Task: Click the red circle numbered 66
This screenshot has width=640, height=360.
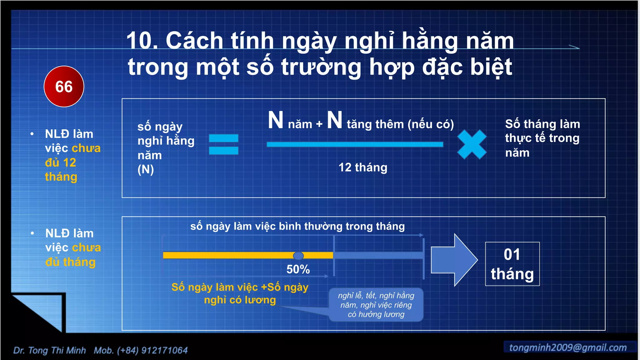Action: pyautogui.click(x=64, y=87)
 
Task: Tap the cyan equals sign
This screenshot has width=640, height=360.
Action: pyautogui.click(x=223, y=144)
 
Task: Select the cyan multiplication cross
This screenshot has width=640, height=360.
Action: pyautogui.click(x=472, y=144)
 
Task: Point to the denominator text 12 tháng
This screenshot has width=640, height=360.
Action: pyautogui.click(x=363, y=167)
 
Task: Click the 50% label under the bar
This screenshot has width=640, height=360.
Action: pyautogui.click(x=298, y=269)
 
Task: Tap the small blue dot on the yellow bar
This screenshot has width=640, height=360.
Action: pyautogui.click(x=298, y=256)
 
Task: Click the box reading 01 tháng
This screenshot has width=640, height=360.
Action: pyautogui.click(x=512, y=264)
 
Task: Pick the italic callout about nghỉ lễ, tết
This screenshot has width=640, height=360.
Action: pyautogui.click(x=376, y=305)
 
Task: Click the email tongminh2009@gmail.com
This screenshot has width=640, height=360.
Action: pyautogui.click(x=568, y=347)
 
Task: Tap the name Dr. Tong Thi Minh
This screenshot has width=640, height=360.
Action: pyautogui.click(x=49, y=350)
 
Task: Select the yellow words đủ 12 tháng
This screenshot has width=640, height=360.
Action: pyautogui.click(x=61, y=170)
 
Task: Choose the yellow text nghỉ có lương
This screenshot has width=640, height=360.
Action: pyautogui.click(x=240, y=300)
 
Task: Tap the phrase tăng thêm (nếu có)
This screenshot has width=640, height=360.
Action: pyautogui.click(x=400, y=124)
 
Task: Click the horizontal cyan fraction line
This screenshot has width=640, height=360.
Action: pyautogui.click(x=355, y=144)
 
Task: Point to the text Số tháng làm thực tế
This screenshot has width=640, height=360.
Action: pyautogui.click(x=542, y=131)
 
